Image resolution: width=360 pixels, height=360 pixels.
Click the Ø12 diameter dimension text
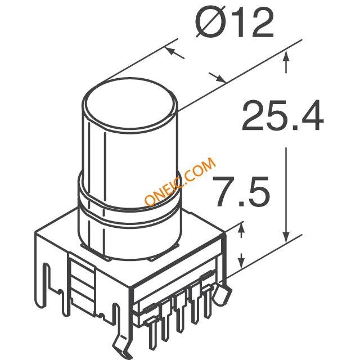click(x=235, y=22)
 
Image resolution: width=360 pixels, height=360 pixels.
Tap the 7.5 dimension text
click(x=241, y=191)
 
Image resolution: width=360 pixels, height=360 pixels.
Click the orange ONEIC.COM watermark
click(x=180, y=181)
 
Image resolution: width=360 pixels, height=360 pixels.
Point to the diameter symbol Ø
click(x=210, y=22)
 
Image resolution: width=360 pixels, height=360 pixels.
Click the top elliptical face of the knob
click(x=130, y=102)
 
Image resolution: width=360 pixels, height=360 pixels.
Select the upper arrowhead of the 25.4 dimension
click(x=286, y=56)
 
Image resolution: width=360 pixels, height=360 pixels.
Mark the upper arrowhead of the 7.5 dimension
click(x=241, y=229)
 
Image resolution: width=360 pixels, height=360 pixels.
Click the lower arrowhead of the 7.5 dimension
click(x=241, y=262)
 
